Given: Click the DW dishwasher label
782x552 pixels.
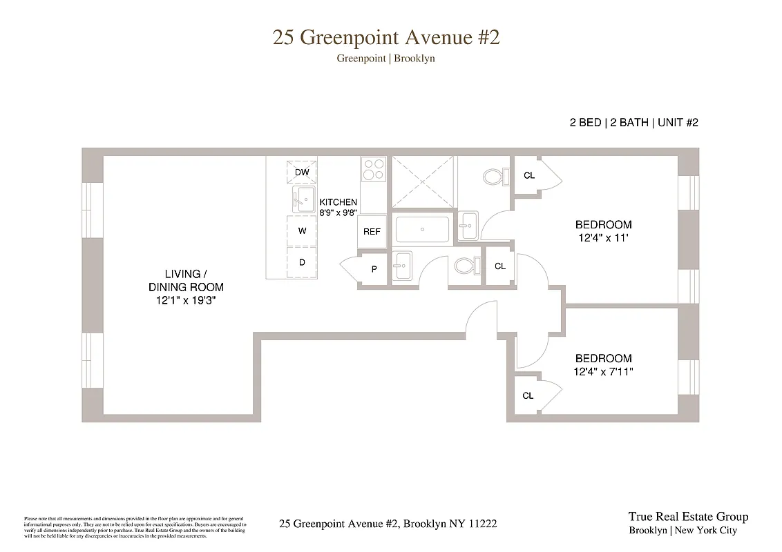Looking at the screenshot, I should [302, 172].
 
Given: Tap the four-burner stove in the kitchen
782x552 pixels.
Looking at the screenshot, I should [374, 170].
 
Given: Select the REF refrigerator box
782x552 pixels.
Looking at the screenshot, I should [372, 232].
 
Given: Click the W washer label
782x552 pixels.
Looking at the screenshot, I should [302, 231].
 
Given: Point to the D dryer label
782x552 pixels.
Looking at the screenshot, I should [302, 263].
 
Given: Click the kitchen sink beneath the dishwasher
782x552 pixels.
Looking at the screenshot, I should [303, 199].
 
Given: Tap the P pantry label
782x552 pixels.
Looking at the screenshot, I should [374, 269].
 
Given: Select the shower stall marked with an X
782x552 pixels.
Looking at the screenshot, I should [423, 180].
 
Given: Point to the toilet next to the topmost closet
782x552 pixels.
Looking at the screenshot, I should [494, 177].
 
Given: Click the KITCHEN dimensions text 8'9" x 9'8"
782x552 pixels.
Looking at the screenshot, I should [338, 213].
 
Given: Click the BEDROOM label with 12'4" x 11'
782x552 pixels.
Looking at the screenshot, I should [603, 224].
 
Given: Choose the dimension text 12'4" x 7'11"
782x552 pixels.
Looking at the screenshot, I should [603, 371].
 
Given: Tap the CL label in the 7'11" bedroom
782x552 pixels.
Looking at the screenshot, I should [528, 395].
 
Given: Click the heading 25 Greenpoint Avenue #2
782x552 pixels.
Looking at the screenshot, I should [386, 37].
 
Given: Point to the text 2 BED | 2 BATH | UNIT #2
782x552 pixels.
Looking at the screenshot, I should [633, 123].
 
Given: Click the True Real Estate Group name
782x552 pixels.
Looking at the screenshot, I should [687, 517].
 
